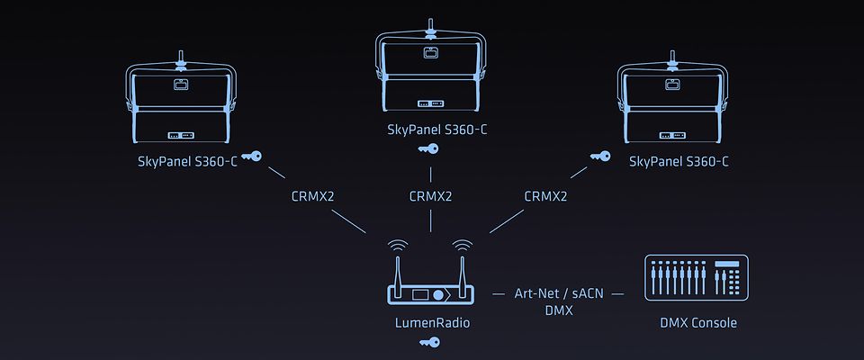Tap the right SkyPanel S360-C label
(x=679, y=162)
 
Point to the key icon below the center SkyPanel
(x=430, y=148)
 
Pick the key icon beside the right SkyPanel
(x=599, y=157)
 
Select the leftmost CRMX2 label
(x=312, y=195)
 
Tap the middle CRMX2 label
(x=430, y=195)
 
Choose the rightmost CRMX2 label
(x=545, y=195)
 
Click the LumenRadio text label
(x=430, y=322)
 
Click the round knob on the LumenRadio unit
(x=438, y=294)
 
